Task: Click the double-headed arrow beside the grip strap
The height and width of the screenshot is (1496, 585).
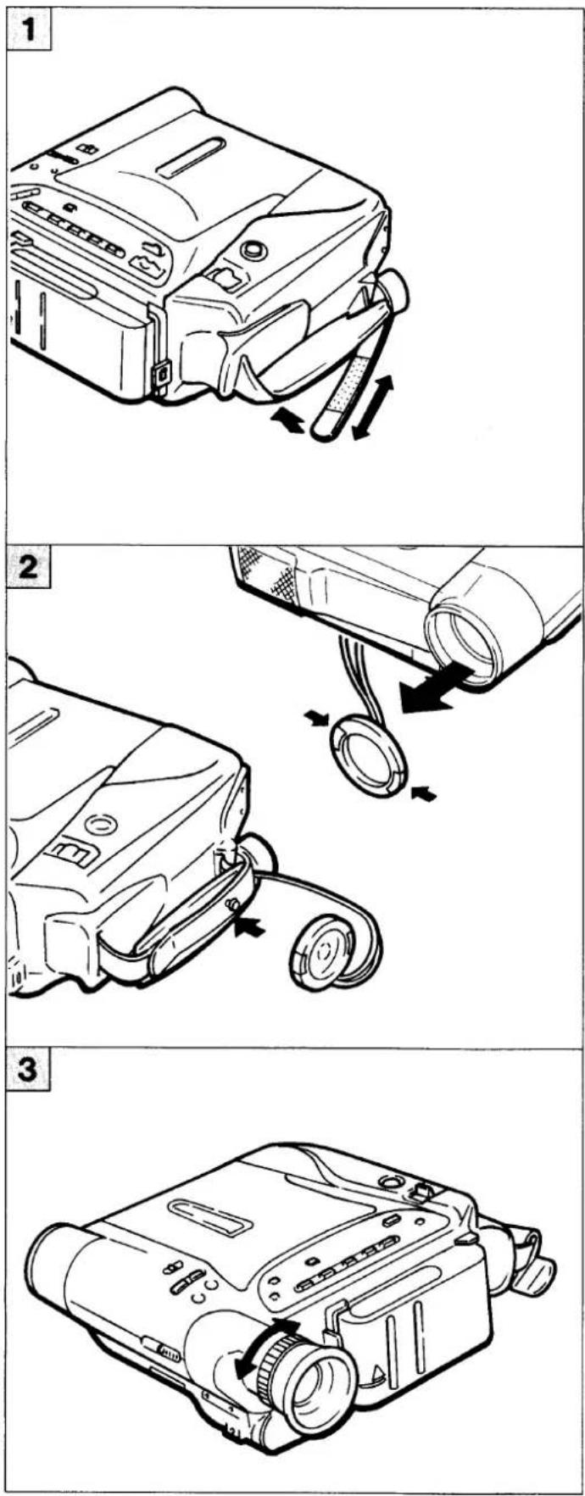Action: pyautogui.click(x=373, y=408)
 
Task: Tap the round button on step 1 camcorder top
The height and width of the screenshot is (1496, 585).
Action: pyautogui.click(x=252, y=250)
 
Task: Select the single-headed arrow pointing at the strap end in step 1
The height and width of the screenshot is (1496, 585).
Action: pyautogui.click(x=288, y=420)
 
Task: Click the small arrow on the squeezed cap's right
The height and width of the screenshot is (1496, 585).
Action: pyautogui.click(x=423, y=793)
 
